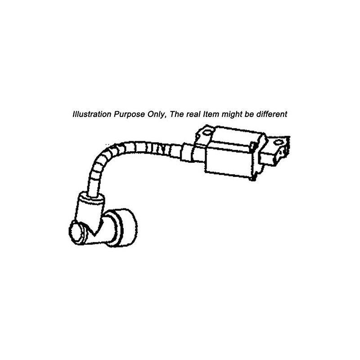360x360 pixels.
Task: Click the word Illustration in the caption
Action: click(92, 114)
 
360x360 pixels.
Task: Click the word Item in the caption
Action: click(211, 114)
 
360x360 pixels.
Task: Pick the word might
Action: click(232, 115)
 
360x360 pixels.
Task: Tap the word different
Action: click(272, 114)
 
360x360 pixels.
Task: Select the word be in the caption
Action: click(249, 114)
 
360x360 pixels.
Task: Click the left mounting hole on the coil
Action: click(207, 132)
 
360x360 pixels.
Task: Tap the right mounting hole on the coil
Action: click(278, 142)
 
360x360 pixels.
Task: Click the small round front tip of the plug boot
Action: click(77, 231)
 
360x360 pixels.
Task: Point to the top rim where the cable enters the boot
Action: click(92, 197)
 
